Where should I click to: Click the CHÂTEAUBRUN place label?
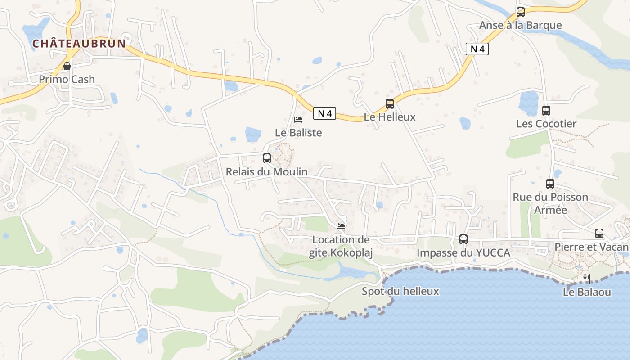pos(79,44)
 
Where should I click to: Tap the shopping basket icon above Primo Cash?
pos(67,67)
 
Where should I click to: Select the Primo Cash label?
pos(67,80)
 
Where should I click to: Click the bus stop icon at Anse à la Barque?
pos(521,12)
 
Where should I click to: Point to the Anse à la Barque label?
pos(520,25)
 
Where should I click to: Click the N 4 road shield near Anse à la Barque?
pos(477,49)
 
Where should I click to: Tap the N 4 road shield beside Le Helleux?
pos(324,114)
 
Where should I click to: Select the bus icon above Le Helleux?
pos(390,104)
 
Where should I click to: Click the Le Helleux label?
pos(390,117)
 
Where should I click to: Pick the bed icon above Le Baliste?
pos(298,120)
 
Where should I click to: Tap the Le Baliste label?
pos(298,133)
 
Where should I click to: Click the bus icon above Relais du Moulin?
pos(267,158)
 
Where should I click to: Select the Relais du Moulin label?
pos(267,171)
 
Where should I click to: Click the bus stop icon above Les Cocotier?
pos(546,110)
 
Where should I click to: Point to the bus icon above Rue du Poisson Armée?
pos(550,184)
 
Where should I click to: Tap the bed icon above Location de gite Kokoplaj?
pos(341,226)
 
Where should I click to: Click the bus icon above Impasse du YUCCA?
pos(463,239)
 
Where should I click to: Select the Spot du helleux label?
pos(400,291)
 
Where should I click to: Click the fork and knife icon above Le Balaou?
pos(587,279)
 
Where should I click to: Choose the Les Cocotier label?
pos(546,124)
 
